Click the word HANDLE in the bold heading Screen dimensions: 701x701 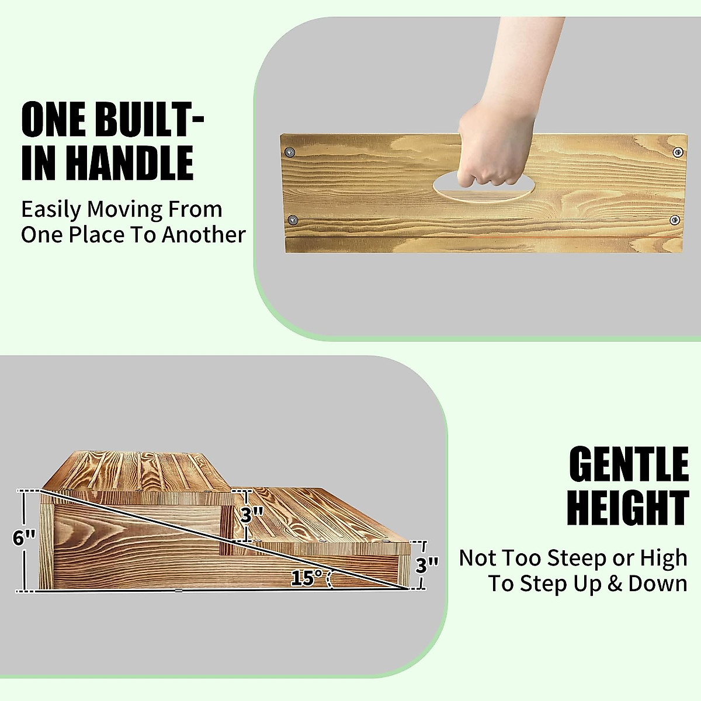[x=130, y=163]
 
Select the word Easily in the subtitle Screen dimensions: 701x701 [x=51, y=210]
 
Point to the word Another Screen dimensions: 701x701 [x=204, y=235]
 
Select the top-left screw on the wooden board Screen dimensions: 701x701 [x=290, y=152]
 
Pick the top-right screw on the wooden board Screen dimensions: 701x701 [x=678, y=152]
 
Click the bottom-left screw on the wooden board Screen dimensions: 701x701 [x=293, y=220]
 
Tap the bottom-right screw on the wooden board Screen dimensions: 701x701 [x=675, y=220]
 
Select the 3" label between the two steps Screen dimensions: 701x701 [x=251, y=515]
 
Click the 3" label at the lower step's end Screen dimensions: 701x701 [x=427, y=565]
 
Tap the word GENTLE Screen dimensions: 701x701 [x=629, y=464]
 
